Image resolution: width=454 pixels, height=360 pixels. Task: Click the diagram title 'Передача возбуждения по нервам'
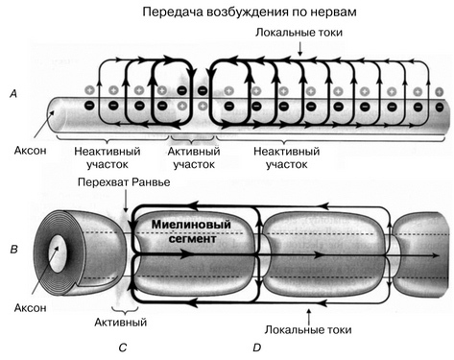pyautogui.click(x=250, y=12)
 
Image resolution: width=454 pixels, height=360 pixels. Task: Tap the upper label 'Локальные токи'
pyautogui.click(x=299, y=33)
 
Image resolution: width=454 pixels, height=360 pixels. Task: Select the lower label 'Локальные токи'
pyautogui.click(x=308, y=329)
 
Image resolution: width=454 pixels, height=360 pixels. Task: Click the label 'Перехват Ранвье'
pyautogui.click(x=124, y=182)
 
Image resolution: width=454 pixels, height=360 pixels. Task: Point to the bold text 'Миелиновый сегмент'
pyautogui.click(x=191, y=231)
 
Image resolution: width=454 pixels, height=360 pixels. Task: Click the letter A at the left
pyautogui.click(x=13, y=94)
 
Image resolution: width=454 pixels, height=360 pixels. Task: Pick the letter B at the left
pyautogui.click(x=13, y=249)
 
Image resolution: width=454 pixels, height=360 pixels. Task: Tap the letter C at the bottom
pyautogui.click(x=123, y=348)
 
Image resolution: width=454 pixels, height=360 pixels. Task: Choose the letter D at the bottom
pyautogui.click(x=257, y=348)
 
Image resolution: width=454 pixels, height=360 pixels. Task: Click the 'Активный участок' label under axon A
pyautogui.click(x=194, y=157)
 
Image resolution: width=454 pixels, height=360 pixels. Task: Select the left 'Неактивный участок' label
pyautogui.click(x=108, y=157)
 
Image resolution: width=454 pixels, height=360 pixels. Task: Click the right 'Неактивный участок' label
pyautogui.click(x=287, y=157)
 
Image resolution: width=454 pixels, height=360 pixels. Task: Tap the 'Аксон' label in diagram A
pyautogui.click(x=30, y=151)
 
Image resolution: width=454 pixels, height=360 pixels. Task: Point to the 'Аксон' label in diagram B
pyautogui.click(x=30, y=308)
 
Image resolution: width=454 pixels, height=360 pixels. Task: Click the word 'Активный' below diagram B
pyautogui.click(x=121, y=322)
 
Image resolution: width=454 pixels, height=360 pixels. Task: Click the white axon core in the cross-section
pyautogui.click(x=58, y=253)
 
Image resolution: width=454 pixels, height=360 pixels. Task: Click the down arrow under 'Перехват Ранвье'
pyautogui.click(x=127, y=201)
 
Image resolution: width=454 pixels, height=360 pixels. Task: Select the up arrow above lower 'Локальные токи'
pyautogui.click(x=309, y=316)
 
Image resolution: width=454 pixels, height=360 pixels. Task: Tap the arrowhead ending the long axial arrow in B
pyautogui.click(x=436, y=255)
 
